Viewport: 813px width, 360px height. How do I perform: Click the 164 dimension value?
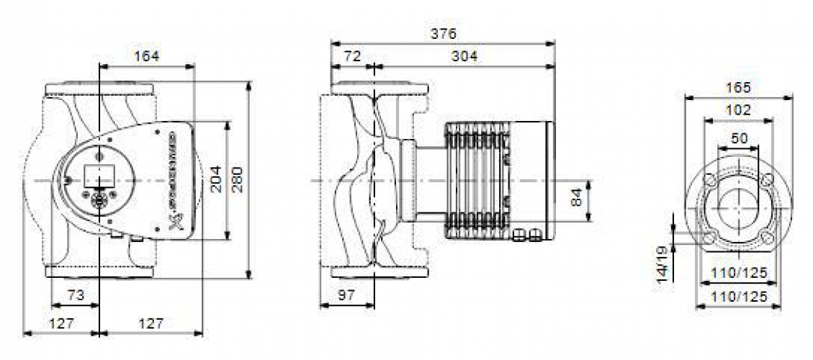[146, 55]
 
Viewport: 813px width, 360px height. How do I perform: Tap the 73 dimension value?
[76, 295]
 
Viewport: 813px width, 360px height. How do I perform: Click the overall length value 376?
[444, 33]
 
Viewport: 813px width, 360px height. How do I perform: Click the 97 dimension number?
[347, 295]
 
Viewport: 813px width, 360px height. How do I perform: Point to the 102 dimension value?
[737, 110]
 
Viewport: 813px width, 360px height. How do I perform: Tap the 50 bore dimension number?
[738, 137]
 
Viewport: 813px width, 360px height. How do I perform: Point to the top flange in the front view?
[99, 90]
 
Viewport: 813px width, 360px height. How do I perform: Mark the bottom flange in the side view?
[378, 273]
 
